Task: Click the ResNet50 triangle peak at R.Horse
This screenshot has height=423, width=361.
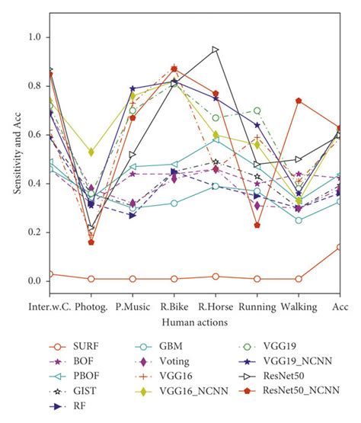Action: pos(216,50)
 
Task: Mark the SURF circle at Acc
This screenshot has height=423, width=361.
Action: pos(339,247)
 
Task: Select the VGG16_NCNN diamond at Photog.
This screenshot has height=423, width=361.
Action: pos(91,152)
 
